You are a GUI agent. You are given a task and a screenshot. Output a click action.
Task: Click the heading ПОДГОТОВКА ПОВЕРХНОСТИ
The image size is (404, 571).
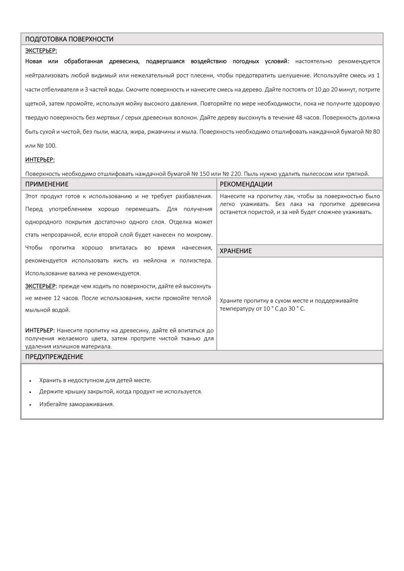point(69,39)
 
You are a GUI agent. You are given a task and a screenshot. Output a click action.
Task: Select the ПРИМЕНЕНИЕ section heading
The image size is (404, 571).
point(47,184)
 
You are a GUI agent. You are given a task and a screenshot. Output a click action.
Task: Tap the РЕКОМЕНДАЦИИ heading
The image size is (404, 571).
point(246,184)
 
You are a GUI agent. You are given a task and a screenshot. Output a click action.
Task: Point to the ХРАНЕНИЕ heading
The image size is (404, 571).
point(236,251)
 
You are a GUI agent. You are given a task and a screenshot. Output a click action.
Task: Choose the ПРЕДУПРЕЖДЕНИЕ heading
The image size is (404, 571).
point(54,357)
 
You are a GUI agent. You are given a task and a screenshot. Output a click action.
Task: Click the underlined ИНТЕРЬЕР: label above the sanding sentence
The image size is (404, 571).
point(40,160)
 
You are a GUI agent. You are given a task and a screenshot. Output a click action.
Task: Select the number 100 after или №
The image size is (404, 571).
point(50,146)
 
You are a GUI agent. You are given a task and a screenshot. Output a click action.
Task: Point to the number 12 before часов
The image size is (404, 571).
point(57,298)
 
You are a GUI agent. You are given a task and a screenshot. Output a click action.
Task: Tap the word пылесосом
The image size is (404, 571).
point(317,174)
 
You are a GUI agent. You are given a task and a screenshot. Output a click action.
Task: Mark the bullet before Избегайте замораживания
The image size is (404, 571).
point(30,405)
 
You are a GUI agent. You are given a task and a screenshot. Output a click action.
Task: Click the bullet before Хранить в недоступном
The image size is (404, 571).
point(30,381)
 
